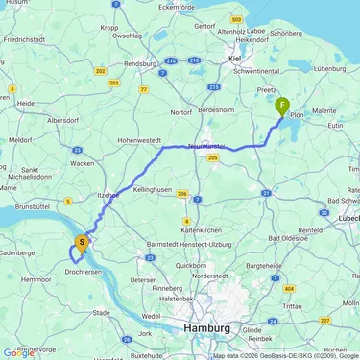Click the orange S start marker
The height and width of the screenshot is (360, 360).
pos(83,243)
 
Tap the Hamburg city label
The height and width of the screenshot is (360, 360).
pos(205,328)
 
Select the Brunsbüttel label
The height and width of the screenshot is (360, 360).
pos(33,206)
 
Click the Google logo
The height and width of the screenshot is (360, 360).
pos(18,352)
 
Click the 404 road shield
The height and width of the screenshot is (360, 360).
pos(289,287)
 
